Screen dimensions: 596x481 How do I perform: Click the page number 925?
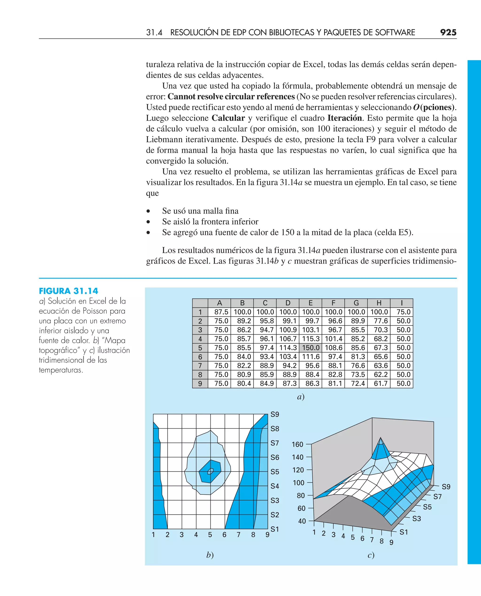click(x=448, y=32)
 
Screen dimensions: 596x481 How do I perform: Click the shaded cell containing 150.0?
click(x=310, y=348)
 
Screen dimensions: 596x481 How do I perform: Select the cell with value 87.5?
click(x=221, y=312)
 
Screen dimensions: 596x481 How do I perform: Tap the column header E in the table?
click(x=310, y=303)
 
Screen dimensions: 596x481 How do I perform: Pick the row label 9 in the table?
click(x=200, y=384)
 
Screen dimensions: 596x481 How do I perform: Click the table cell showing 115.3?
click(x=310, y=339)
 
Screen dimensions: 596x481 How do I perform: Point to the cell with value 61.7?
click(x=380, y=383)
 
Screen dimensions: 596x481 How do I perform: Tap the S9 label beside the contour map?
click(x=275, y=414)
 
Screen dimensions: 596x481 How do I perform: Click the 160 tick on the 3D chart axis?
click(x=298, y=444)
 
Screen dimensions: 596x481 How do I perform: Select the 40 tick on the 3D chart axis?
click(x=302, y=521)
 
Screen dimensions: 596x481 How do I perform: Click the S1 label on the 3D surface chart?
click(x=404, y=532)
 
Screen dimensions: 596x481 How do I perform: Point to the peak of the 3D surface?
click(x=380, y=439)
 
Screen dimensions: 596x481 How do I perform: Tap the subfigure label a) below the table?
click(x=301, y=397)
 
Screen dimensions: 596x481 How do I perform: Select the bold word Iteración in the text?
click(x=344, y=118)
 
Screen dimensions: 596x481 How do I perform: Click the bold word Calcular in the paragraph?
click(x=228, y=118)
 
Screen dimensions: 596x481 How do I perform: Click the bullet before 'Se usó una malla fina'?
click(x=148, y=211)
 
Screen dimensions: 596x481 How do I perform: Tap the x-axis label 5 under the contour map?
click(x=210, y=535)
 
